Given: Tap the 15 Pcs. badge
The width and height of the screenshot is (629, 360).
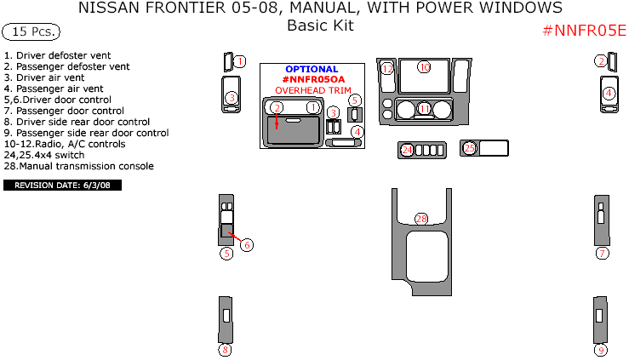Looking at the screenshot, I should [x=31, y=32].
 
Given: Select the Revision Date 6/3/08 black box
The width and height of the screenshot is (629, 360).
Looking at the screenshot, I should [x=63, y=185].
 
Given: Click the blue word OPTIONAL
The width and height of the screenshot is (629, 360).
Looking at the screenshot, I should [x=312, y=69].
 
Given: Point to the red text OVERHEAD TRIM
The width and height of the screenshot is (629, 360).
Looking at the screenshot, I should [x=312, y=89].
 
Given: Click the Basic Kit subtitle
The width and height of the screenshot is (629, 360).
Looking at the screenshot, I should [x=320, y=26].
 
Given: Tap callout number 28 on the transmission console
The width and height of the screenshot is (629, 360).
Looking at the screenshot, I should [x=421, y=219].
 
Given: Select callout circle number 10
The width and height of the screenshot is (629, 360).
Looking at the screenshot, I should [x=424, y=66].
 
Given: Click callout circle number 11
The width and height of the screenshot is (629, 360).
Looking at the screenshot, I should [x=425, y=108].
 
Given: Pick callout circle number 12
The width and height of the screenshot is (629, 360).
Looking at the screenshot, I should [x=387, y=68].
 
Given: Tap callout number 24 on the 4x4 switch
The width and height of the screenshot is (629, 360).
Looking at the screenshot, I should [x=407, y=150].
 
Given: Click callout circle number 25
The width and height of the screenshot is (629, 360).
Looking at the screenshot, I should [x=470, y=148].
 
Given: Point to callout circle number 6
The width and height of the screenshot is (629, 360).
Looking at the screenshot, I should [x=247, y=245].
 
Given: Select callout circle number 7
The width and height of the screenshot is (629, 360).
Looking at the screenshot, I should [x=602, y=253].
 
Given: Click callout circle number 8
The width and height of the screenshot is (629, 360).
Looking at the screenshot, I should [x=226, y=350].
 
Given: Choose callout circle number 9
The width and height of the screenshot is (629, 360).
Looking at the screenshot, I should [x=602, y=350].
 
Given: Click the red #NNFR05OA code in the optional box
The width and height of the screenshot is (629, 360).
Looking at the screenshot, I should [x=312, y=79].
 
